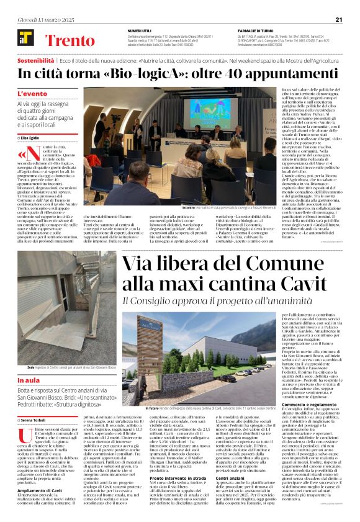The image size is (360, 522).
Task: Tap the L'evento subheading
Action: [x=32, y=94]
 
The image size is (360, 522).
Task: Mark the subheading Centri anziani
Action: [x=230, y=479]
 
